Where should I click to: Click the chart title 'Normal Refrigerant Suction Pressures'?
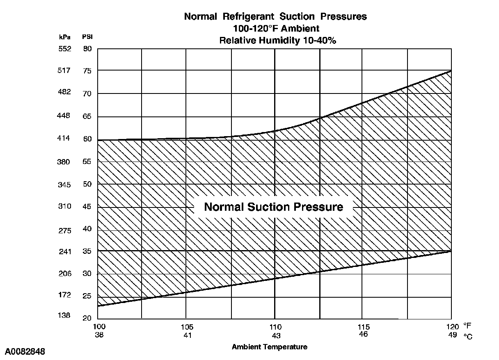[x=275, y=17]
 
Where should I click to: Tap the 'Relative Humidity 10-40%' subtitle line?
[x=275, y=40]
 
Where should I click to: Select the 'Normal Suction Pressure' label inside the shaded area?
[x=273, y=207]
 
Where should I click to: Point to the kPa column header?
[x=65, y=36]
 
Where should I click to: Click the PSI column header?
[x=87, y=36]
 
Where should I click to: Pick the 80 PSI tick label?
[x=87, y=49]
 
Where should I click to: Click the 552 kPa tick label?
[x=64, y=49]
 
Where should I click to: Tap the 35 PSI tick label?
[x=87, y=251]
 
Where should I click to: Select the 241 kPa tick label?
[x=64, y=251]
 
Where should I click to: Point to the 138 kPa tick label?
[x=64, y=316]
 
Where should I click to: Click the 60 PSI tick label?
[x=87, y=139]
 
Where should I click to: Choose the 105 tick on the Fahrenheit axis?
[x=187, y=327]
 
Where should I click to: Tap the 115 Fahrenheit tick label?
[x=364, y=327]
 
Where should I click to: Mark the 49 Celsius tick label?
[x=452, y=334]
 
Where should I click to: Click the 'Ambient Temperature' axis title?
[x=269, y=347]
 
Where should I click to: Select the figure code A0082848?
[x=25, y=352]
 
